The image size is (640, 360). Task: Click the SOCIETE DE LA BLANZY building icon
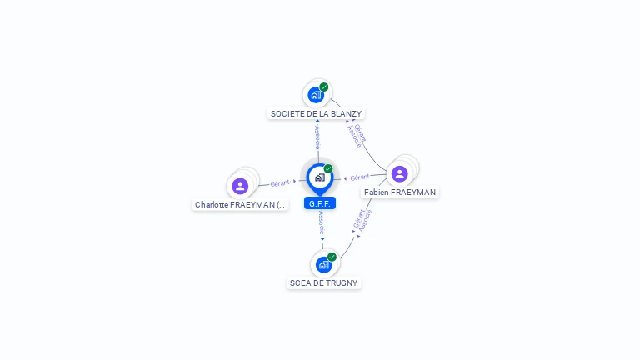click(x=316, y=95)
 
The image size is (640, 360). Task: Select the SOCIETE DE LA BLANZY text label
click(x=316, y=113)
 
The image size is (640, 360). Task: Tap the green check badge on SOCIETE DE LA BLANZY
click(x=324, y=87)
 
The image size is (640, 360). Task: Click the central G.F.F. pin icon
click(x=319, y=177)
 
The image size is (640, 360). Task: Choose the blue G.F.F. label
click(x=319, y=203)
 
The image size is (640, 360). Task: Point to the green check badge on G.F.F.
click(x=328, y=168)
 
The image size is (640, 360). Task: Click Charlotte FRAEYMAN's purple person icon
click(x=240, y=186)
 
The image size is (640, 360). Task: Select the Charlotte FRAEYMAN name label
click(x=240, y=204)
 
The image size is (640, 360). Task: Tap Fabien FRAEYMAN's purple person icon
click(x=399, y=173)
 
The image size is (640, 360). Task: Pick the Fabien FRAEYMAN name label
click(x=400, y=192)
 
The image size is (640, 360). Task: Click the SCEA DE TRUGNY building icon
click(x=323, y=265)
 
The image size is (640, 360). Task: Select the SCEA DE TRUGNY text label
click(x=323, y=282)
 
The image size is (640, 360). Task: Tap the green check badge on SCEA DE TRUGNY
click(x=332, y=257)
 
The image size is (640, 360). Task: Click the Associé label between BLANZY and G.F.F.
click(x=317, y=137)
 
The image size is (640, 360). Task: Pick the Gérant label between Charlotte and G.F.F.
click(x=280, y=182)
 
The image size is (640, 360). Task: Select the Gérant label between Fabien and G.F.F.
click(x=360, y=177)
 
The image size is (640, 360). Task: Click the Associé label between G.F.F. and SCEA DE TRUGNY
click(x=322, y=222)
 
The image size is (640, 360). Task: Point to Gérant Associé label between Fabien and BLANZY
click(x=357, y=136)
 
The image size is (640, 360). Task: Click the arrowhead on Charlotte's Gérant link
click(x=294, y=181)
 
